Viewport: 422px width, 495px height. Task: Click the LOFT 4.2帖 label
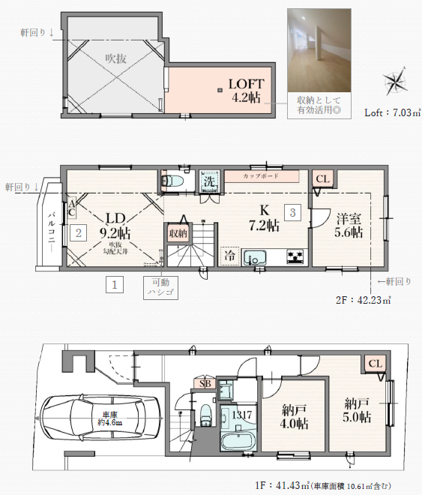(x=247, y=91)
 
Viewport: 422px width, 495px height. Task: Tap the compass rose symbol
(x=395, y=81)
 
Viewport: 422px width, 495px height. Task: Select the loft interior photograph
(x=319, y=50)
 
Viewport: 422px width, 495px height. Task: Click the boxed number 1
(x=115, y=285)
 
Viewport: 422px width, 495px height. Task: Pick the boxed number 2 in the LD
(x=78, y=233)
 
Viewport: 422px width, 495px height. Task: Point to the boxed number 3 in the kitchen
(x=292, y=212)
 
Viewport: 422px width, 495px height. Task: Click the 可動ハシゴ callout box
(x=161, y=287)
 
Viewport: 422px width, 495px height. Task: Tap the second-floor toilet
(x=172, y=181)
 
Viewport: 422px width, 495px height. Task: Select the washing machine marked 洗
(x=209, y=181)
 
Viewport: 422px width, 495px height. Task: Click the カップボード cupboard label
(x=262, y=176)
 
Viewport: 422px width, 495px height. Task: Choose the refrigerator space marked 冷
(x=230, y=256)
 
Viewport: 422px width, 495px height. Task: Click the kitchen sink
(x=255, y=257)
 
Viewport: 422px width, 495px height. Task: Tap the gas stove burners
(x=295, y=256)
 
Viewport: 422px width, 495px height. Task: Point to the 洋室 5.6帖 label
(x=349, y=226)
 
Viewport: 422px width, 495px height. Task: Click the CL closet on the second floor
(x=322, y=179)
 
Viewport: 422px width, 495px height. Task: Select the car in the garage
(x=100, y=418)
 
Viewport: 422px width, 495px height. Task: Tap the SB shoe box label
(x=205, y=383)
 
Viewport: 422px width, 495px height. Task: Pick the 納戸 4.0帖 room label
(x=295, y=417)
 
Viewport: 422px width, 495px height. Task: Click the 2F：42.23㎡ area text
(x=364, y=300)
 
